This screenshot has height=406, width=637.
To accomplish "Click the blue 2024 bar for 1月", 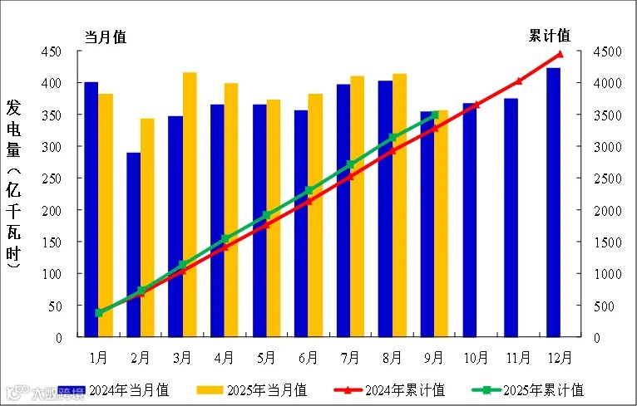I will pyautogui.click(x=91, y=208).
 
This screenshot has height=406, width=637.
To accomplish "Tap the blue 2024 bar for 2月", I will pyautogui.click(x=133, y=245).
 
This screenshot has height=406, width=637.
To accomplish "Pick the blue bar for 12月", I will pyautogui.click(x=553, y=203).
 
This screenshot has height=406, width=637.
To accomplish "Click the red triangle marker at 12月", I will pyautogui.click(x=560, y=55).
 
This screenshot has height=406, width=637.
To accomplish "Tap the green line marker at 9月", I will pyautogui.click(x=434, y=115).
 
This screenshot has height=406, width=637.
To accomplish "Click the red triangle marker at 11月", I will pyautogui.click(x=517, y=81).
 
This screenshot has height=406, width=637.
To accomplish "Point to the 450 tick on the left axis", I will pyautogui.click(x=52, y=51).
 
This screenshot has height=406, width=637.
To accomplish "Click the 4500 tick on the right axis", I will pyautogui.click(x=606, y=51).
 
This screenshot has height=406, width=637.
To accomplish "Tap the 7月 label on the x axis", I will pyautogui.click(x=350, y=358).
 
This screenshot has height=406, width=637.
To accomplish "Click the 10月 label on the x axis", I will pyautogui.click(x=476, y=358).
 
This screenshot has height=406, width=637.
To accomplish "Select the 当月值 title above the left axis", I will pyautogui.click(x=105, y=37).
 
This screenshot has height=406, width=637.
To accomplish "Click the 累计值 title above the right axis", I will pyautogui.click(x=550, y=36).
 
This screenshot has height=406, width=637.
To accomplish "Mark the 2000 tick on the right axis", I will pyautogui.click(x=606, y=211).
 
